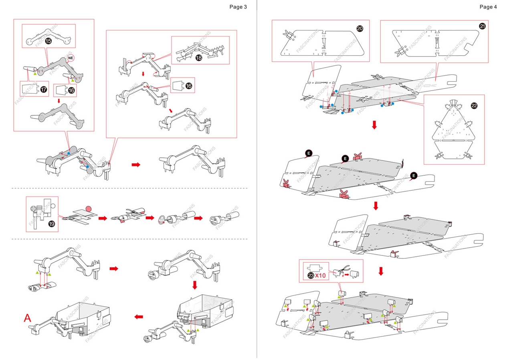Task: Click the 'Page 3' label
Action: [x=238, y=7]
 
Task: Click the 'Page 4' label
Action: [x=488, y=7]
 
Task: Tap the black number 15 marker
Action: [x=48, y=41]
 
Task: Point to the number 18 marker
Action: [x=199, y=58]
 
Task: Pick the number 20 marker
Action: [x=360, y=28]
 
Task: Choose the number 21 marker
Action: [x=482, y=26]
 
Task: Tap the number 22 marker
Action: [x=474, y=106]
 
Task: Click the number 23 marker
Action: [x=311, y=275]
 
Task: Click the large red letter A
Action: [x=27, y=318]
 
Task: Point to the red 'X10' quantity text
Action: [x=320, y=276]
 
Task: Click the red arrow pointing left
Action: [x=139, y=317]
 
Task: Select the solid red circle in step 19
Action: [x=89, y=209]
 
